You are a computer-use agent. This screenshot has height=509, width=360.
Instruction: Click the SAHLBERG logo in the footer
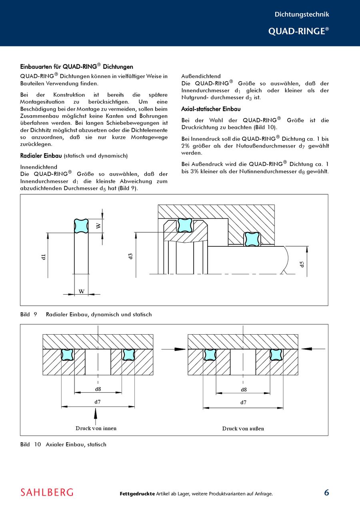pos(47,492)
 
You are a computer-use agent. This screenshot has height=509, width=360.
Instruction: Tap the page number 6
pos(326,493)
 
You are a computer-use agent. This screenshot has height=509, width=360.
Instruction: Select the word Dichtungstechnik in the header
pos(302,14)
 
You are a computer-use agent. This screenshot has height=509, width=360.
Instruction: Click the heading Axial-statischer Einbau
pos(211,109)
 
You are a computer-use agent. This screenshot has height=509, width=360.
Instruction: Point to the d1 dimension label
pos(44,257)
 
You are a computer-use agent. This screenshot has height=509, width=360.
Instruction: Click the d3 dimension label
pos(130,256)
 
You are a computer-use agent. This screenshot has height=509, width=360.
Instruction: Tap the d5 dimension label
pos(302,264)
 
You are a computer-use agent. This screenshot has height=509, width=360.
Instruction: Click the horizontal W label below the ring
pos(82,291)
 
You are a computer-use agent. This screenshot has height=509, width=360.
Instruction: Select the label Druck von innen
pos(96,428)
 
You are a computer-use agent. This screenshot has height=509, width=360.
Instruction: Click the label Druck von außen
pos(243,429)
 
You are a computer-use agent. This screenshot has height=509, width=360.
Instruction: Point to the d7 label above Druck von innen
pos(97,401)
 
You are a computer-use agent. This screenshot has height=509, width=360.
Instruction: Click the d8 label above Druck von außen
pos(244,389)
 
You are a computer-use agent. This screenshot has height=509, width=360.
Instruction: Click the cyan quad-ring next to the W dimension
pos(81,226)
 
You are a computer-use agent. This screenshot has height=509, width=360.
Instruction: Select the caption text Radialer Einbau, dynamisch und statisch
pos(99,315)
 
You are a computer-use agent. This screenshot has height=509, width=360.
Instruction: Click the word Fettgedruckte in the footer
pos(137,494)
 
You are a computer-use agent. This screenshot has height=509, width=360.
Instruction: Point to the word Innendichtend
pos(39,167)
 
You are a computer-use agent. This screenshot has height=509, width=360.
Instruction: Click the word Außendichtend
pos(201,76)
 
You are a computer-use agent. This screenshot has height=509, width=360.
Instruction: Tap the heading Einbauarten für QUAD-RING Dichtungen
pos(76,67)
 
